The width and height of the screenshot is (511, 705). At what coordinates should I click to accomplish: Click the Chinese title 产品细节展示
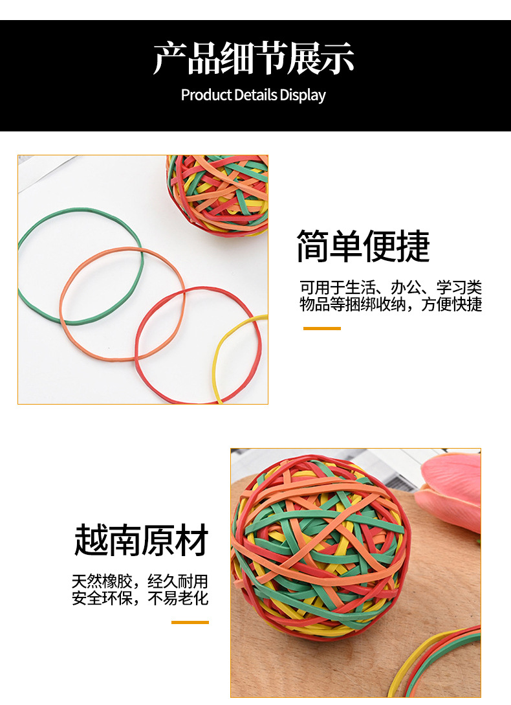(254, 59)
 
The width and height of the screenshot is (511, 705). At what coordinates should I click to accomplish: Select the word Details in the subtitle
(255, 95)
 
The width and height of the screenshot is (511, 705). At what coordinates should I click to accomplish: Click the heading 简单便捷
(363, 247)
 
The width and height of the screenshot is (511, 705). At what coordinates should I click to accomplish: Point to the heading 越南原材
(142, 541)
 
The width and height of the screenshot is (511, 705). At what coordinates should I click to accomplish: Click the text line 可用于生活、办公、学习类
(391, 287)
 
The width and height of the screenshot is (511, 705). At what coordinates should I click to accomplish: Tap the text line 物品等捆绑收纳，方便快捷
(391, 304)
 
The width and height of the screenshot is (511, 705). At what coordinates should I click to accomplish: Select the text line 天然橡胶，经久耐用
(140, 581)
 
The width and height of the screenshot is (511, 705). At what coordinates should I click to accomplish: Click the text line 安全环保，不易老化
(140, 598)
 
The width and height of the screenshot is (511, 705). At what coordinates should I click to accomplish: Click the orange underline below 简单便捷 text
(321, 328)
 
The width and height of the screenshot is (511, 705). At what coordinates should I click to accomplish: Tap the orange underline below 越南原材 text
(190, 622)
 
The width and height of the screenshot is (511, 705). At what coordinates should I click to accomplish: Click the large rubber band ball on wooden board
(320, 547)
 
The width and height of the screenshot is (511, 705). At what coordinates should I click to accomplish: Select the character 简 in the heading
(312, 247)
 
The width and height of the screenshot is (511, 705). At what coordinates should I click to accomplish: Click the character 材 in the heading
(192, 541)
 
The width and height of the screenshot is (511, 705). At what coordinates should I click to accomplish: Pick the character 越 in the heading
(91, 541)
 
